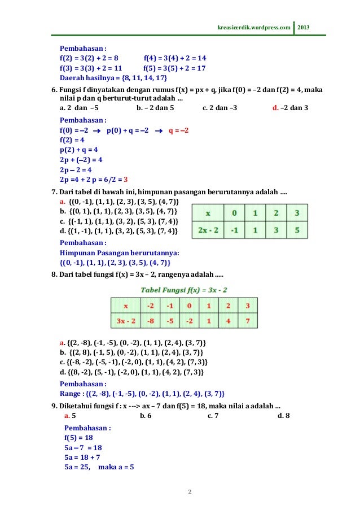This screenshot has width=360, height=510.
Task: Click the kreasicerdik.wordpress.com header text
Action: (x=254, y=27)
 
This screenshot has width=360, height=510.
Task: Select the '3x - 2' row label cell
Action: (x=125, y=321)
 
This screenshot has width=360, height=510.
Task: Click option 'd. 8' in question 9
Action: (x=284, y=416)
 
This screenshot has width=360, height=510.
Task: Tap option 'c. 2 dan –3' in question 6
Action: (x=220, y=108)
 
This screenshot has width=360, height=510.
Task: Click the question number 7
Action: (x=54, y=192)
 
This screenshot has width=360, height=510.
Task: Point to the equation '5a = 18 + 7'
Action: (x=84, y=457)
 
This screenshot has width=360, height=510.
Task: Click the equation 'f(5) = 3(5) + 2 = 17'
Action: (x=175, y=68)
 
